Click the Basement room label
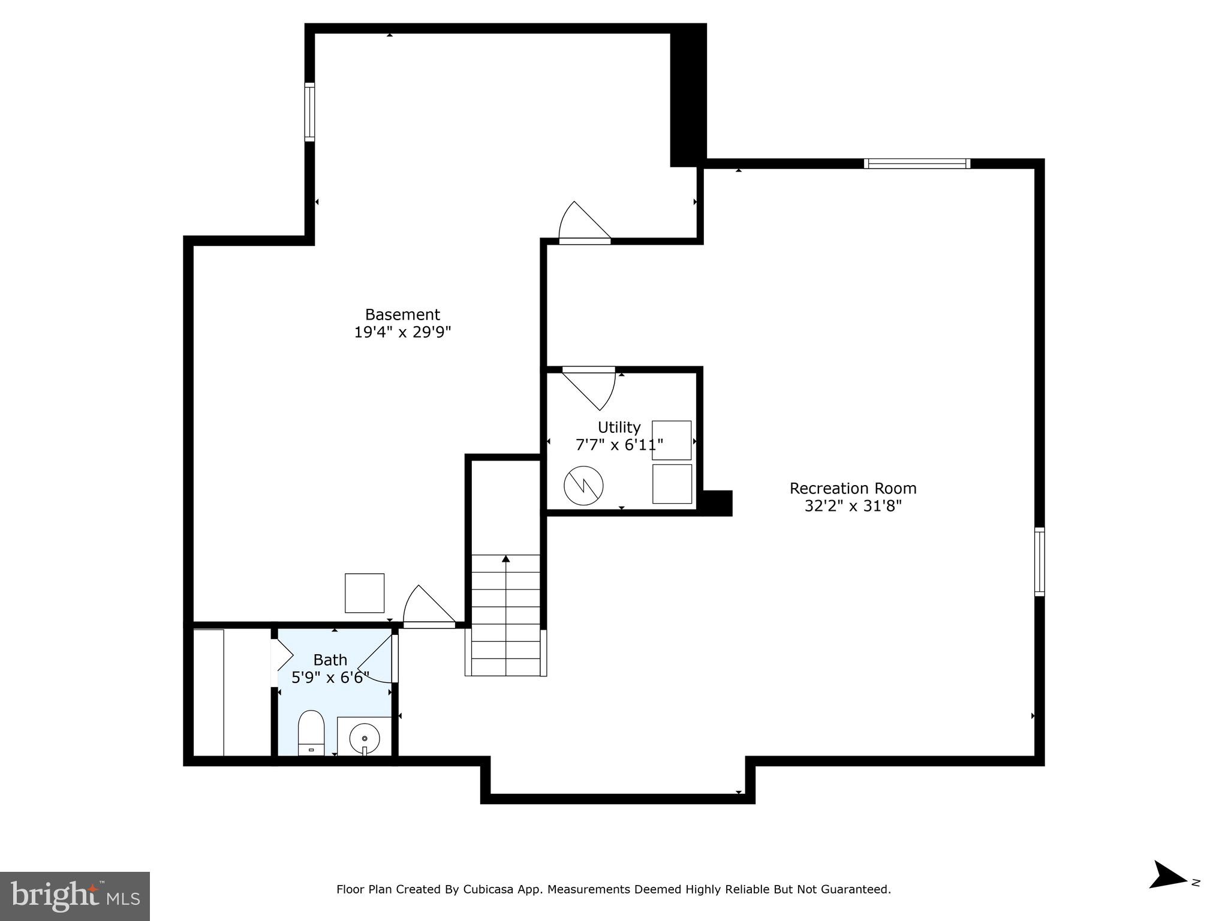[402, 314]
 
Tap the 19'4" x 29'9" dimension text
[402, 332]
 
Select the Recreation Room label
[853, 488]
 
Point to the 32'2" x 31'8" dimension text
[853, 506]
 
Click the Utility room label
[619, 427]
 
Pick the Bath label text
[330, 660]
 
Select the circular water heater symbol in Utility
[583, 485]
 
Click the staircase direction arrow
[506, 559]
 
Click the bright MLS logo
[75, 896]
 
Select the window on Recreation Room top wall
[917, 164]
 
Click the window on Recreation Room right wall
[1040, 561]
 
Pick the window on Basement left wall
[309, 112]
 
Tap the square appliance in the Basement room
[365, 593]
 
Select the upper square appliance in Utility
[672, 440]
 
